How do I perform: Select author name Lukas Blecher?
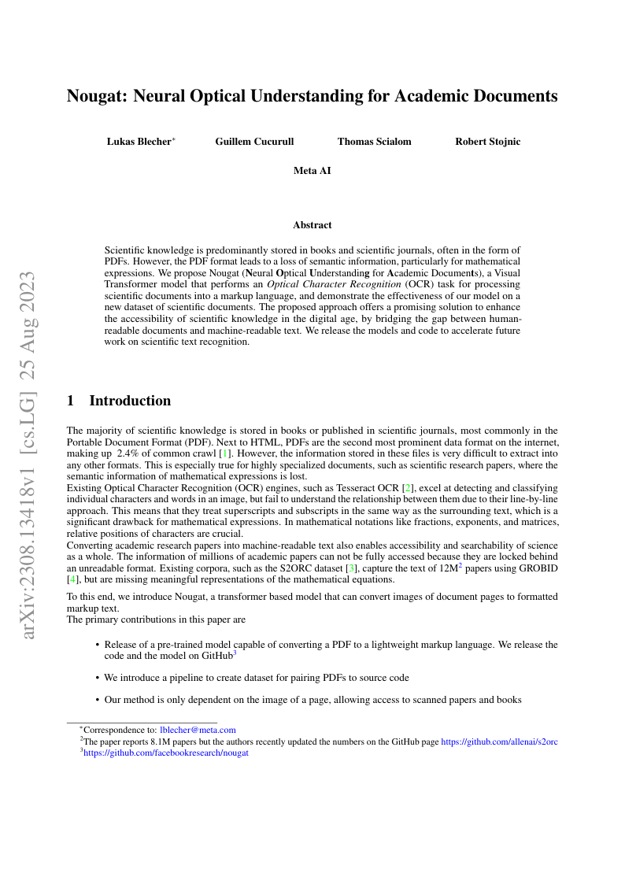pos(139,142)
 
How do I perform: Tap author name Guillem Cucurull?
pos(254,142)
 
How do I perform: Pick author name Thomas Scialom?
pos(374,142)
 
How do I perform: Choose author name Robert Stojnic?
pos(487,142)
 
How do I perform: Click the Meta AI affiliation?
pos(312,170)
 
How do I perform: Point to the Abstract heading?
pos(312,225)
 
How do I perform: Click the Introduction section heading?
pos(130,401)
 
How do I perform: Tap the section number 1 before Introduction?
pos(71,401)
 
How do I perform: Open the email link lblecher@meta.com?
pos(198,731)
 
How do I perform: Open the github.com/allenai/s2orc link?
pos(499,742)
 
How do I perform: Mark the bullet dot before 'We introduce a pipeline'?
pos(97,678)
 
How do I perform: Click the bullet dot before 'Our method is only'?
pos(97,700)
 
